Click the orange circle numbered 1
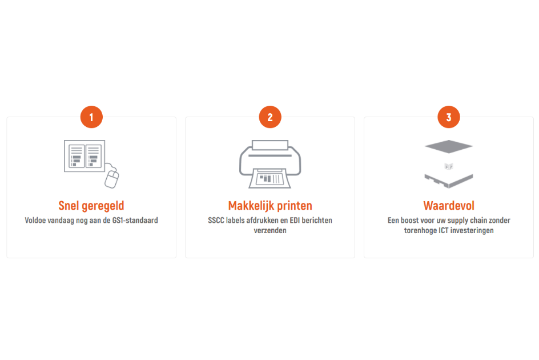91,117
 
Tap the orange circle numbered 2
270,117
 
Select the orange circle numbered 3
449,117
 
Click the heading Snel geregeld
91,206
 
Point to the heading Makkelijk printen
270,206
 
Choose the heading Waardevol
449,206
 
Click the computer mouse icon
112,178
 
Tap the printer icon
270,164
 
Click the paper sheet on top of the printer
270,145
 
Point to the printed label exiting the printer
270,178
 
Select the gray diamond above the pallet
449,147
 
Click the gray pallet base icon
449,181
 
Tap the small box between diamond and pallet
449,167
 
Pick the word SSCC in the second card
216,220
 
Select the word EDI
295,220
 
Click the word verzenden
270,231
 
